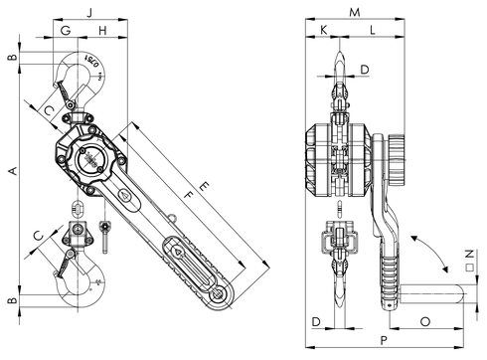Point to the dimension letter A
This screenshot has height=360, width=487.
12,172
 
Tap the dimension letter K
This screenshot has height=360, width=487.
323,32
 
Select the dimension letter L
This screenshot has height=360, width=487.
372,32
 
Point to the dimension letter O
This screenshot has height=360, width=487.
424,321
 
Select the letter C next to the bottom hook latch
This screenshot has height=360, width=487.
38,235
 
